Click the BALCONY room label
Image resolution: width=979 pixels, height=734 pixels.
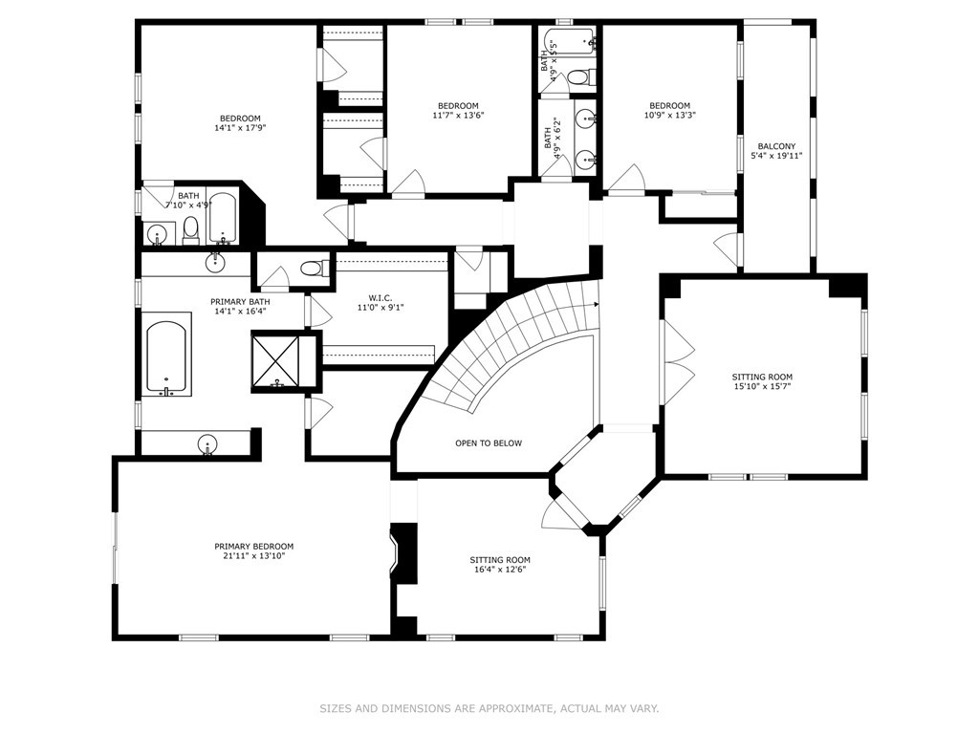(x=776, y=146)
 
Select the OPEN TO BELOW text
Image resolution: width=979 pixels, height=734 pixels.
(x=489, y=443)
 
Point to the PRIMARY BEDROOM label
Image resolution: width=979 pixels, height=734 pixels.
(x=253, y=547)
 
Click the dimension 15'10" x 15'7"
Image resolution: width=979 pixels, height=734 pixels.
(x=762, y=386)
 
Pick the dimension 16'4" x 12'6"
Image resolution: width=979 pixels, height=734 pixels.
(x=499, y=570)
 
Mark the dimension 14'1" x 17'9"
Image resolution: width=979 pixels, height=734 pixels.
(x=240, y=128)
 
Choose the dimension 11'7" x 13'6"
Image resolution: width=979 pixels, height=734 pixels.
(x=458, y=116)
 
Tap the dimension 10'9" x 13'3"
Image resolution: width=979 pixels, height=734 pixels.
(x=669, y=116)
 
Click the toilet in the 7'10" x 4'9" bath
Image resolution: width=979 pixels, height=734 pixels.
(x=190, y=229)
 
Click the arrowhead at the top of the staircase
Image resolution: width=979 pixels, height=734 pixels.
(x=597, y=305)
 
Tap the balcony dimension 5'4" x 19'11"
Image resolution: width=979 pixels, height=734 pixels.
(x=776, y=157)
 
